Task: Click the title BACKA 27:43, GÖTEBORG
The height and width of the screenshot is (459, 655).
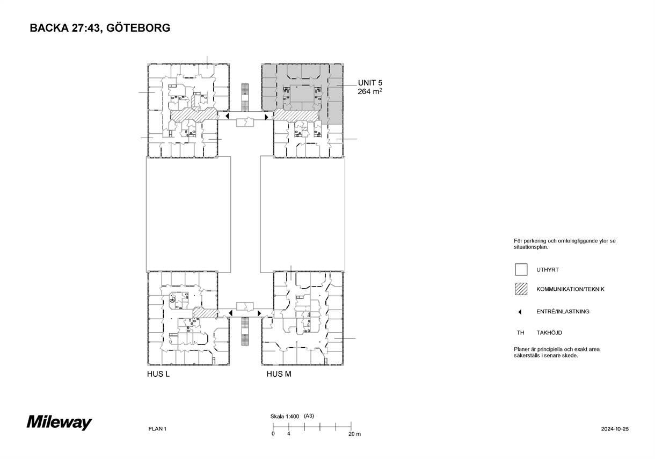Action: (x=100, y=28)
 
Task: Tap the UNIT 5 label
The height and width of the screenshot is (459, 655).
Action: (x=370, y=83)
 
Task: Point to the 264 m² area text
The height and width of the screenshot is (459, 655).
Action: (x=370, y=91)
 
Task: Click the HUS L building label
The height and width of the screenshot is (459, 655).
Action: (x=158, y=374)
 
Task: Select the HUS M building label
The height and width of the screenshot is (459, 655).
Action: (x=279, y=374)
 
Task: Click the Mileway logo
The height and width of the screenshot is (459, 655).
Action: (x=60, y=422)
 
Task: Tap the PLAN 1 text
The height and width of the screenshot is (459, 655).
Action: (x=157, y=429)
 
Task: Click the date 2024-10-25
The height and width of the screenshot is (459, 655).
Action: (x=615, y=429)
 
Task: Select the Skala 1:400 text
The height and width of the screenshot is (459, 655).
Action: (x=285, y=416)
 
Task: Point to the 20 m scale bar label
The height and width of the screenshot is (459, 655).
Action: (x=354, y=434)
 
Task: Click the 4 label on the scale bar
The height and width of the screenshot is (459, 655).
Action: (x=289, y=434)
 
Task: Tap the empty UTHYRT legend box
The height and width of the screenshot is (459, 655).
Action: (x=521, y=270)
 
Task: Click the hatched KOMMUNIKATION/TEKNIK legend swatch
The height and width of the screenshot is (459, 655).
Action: (x=521, y=289)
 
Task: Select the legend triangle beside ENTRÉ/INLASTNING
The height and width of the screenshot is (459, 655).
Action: (x=520, y=312)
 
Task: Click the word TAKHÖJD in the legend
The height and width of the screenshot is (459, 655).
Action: (x=549, y=333)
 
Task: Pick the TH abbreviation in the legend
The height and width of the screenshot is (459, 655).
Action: (x=520, y=333)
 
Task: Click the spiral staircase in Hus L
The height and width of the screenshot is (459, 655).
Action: (x=172, y=299)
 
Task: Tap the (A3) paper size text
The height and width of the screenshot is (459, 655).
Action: (x=309, y=416)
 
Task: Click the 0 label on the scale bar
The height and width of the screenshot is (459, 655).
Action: (x=273, y=434)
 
